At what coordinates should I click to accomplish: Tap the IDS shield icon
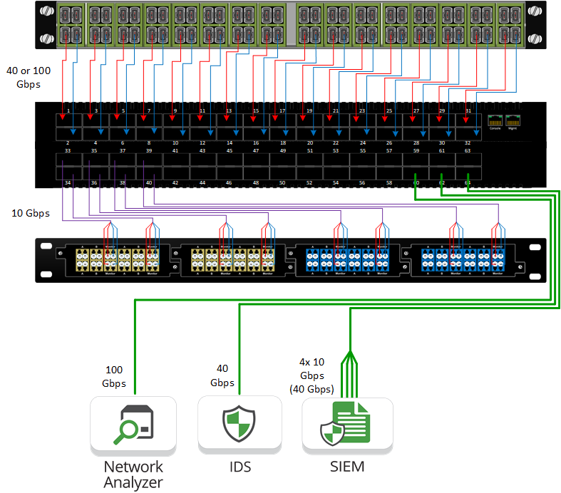238,424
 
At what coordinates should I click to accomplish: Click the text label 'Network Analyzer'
133,474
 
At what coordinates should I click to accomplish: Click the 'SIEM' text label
347,467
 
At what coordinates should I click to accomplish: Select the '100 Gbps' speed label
114,377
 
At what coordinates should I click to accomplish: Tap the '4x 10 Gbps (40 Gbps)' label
312,375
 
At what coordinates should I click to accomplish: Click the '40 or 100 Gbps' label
23,78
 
